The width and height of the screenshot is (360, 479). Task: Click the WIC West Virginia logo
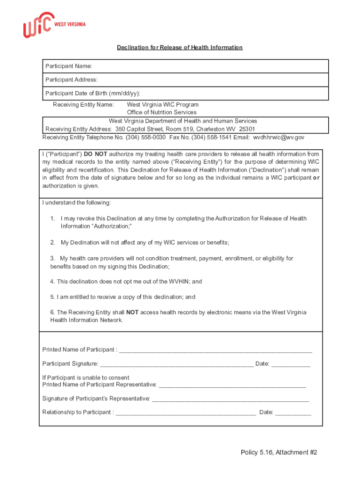(54, 25)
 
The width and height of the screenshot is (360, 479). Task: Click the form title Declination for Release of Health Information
(180, 47)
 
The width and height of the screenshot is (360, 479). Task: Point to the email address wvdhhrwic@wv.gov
(279, 138)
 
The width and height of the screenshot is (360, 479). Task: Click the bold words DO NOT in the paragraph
(95, 154)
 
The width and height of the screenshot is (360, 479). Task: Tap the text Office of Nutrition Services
(162, 112)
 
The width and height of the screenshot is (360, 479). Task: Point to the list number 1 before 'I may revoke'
(53, 218)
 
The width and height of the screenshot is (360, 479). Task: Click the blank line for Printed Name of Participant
(216, 350)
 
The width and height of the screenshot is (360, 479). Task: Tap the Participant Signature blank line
(177, 364)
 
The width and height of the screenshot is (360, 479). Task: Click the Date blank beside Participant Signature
(291, 364)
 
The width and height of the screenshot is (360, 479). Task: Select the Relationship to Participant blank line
(186, 413)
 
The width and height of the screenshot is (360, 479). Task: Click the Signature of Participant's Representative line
(230, 399)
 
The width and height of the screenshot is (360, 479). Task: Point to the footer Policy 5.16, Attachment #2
(279, 452)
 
